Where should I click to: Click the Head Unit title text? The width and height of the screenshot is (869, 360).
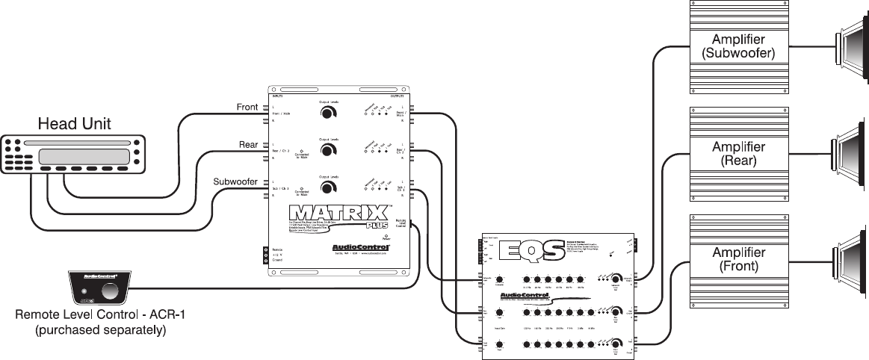coord(74,123)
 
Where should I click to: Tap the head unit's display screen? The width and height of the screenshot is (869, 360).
coord(81,157)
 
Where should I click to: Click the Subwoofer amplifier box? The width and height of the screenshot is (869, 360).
coord(737,46)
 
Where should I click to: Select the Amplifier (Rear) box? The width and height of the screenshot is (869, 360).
coord(737,154)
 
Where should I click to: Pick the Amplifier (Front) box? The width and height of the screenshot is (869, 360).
coord(737,259)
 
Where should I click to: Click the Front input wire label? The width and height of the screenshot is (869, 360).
coord(247,108)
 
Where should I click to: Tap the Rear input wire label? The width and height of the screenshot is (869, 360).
coord(248,144)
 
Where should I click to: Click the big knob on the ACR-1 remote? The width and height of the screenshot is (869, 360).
coord(111,291)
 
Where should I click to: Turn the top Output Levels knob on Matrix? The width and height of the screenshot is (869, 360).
coord(327,114)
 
